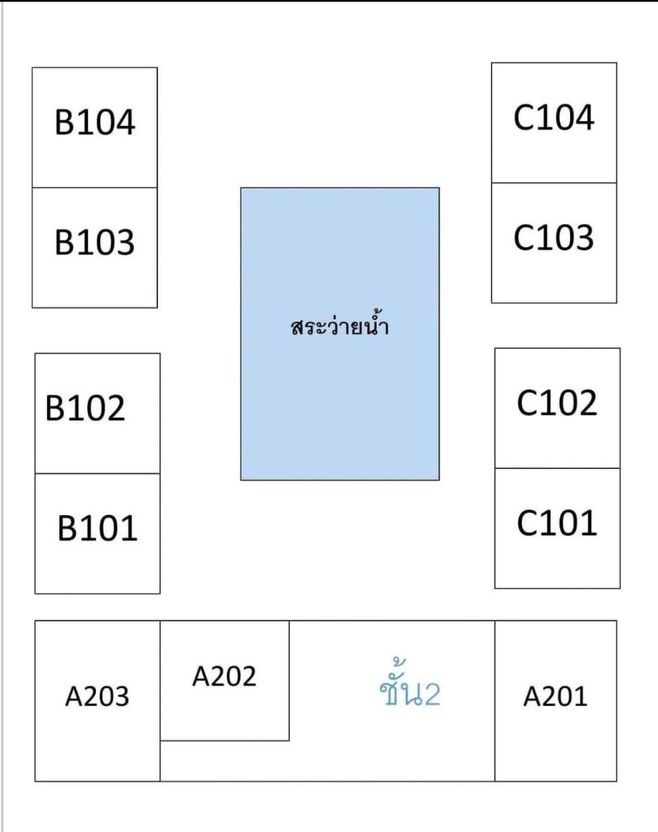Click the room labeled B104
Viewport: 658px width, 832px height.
(x=94, y=128)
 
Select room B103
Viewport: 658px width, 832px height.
(x=94, y=247)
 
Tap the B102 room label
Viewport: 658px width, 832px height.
(x=85, y=408)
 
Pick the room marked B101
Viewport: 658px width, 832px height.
(x=97, y=533)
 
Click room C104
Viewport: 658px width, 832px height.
(x=554, y=123)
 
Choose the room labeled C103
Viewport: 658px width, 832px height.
(x=554, y=243)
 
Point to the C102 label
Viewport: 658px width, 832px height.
(x=556, y=403)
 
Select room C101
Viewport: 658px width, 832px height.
(x=557, y=528)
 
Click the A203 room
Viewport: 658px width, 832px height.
(x=97, y=701)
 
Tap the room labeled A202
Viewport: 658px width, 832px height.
(x=224, y=681)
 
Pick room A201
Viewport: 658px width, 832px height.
(x=556, y=701)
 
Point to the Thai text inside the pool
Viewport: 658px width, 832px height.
(x=340, y=325)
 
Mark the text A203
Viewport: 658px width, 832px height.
(x=97, y=696)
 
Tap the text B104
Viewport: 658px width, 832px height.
(x=94, y=122)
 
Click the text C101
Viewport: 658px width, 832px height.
(x=556, y=524)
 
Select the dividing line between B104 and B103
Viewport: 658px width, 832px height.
(x=94, y=188)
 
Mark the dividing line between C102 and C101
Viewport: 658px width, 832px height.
(x=557, y=468)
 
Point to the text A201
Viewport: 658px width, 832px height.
(x=556, y=696)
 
